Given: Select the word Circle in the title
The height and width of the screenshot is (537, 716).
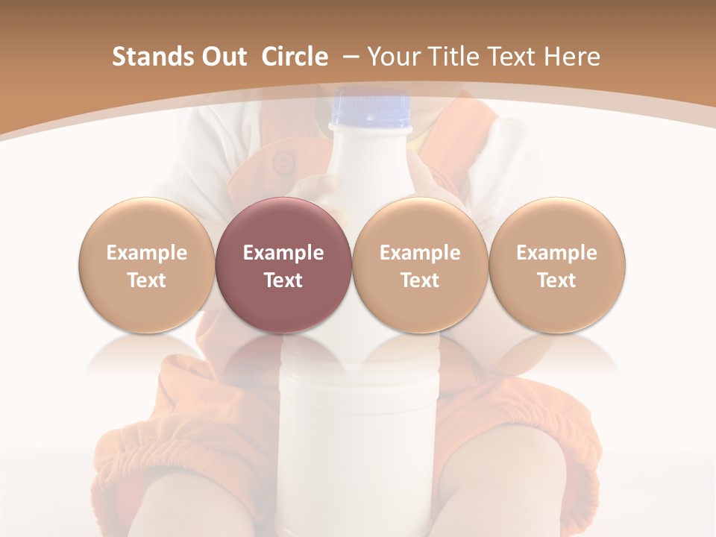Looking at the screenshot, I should (295, 57).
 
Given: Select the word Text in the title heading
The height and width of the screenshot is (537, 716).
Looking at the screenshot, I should (514, 57).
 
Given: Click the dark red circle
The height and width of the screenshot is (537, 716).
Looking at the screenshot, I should (283, 224).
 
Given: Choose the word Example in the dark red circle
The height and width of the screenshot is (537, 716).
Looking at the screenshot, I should (283, 253).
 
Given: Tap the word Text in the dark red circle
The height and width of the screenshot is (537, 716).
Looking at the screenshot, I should (283, 280).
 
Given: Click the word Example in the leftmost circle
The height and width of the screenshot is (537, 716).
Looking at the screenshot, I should (146, 253).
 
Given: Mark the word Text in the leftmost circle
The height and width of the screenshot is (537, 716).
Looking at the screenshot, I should (146, 280).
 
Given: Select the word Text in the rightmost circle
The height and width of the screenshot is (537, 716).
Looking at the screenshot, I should (556, 280).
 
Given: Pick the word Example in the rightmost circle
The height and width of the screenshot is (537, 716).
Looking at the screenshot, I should (556, 253).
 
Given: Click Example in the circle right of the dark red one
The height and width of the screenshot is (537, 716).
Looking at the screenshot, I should (420, 253).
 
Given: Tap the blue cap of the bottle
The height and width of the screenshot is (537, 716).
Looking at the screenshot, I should (371, 109).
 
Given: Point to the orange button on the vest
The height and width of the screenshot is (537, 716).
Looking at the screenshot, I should (283, 161).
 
